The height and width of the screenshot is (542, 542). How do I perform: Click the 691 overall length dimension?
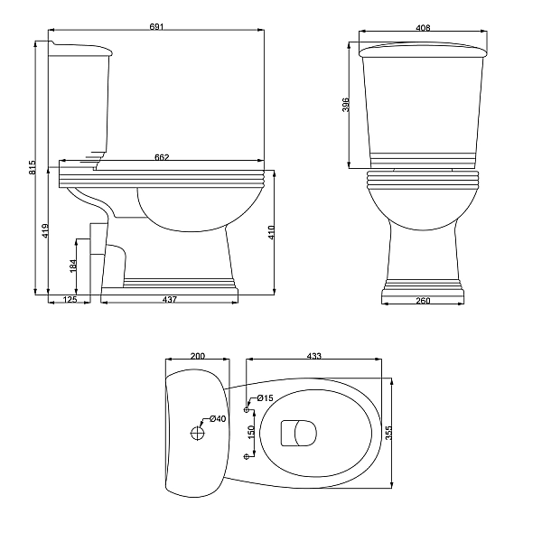(156, 26)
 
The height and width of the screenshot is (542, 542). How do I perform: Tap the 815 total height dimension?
(33, 167)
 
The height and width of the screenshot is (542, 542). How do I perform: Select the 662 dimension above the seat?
(162, 157)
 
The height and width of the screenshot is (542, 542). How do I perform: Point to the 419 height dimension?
(45, 230)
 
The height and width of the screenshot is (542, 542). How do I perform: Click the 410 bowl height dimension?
(271, 232)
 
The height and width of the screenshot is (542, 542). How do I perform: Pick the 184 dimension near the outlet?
(73, 266)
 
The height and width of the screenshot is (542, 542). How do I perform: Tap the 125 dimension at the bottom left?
(70, 299)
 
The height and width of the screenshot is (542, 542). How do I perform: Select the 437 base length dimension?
(170, 299)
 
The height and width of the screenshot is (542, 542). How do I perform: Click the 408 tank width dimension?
(423, 28)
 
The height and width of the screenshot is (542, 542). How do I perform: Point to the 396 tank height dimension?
(346, 105)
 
